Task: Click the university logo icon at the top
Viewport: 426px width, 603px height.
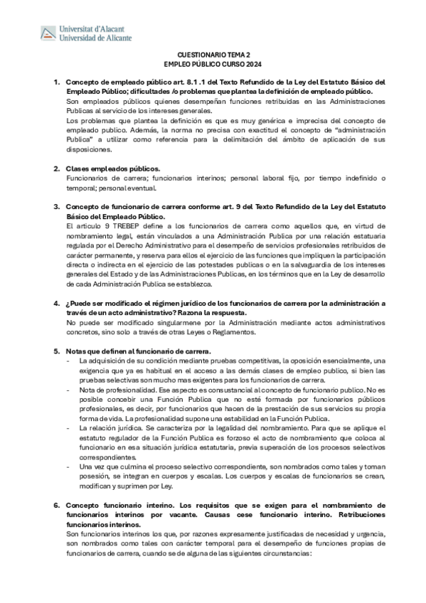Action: pos(48,32)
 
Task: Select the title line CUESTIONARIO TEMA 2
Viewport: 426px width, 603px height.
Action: pos(213,54)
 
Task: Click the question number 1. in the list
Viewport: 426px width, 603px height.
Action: pos(57,82)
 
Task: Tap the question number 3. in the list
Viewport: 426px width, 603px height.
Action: pos(57,207)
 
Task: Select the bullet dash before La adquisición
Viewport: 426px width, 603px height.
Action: pos(68,361)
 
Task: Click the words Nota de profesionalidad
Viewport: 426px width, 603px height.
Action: pos(113,390)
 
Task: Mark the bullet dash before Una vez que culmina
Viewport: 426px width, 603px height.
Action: pos(68,467)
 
